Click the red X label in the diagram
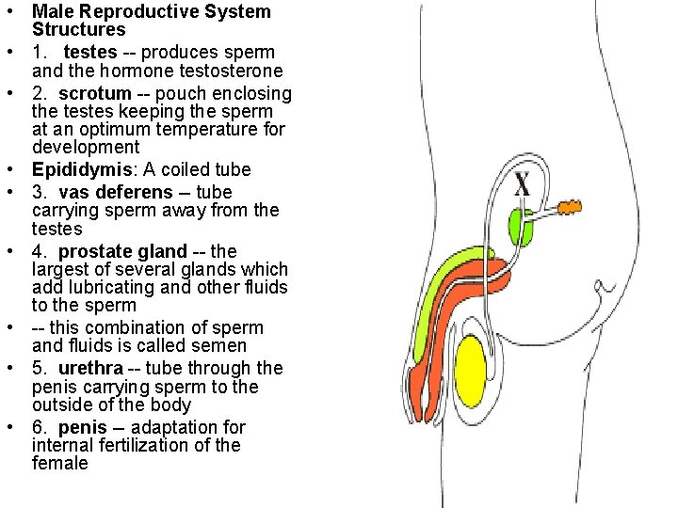(x=521, y=183)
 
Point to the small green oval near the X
(x=521, y=226)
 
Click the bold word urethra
(x=91, y=368)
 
